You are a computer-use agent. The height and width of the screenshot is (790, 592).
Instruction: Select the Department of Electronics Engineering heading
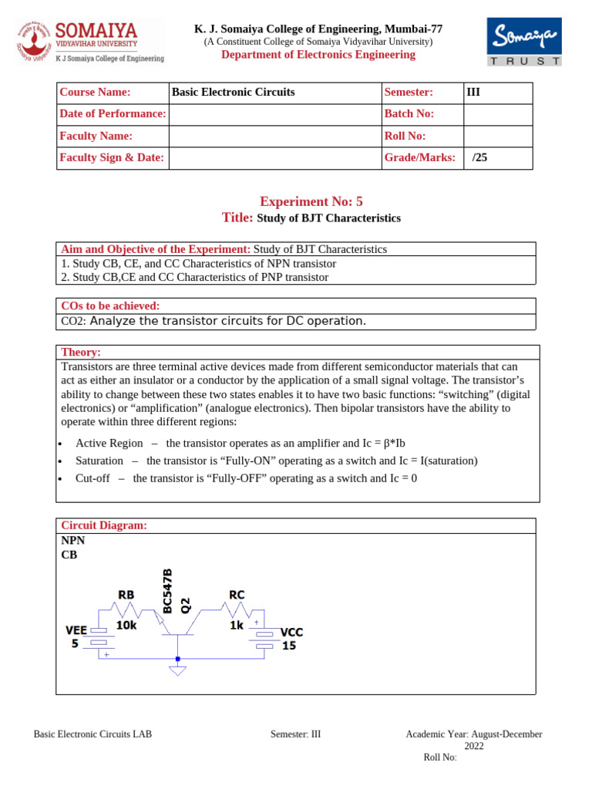click(318, 55)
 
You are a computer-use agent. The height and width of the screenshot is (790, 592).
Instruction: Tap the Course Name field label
click(95, 93)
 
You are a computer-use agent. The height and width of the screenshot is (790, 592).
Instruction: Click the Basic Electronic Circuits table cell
click(233, 93)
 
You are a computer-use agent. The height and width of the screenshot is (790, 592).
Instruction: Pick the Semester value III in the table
click(473, 93)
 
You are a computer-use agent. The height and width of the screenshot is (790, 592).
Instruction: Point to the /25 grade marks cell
click(480, 158)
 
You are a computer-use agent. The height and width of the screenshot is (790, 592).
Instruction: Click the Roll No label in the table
click(405, 136)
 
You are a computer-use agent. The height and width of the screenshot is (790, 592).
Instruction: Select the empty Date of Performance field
click(274, 114)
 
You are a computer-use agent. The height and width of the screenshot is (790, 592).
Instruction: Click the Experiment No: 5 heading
click(311, 201)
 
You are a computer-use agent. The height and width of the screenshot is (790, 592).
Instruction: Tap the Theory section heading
click(81, 352)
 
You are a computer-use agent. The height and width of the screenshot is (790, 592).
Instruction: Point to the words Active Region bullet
click(109, 443)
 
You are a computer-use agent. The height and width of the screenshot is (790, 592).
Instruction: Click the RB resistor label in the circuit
click(126, 595)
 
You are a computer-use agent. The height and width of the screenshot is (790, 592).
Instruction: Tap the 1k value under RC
click(236, 626)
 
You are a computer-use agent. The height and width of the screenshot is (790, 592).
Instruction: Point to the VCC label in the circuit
click(291, 632)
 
